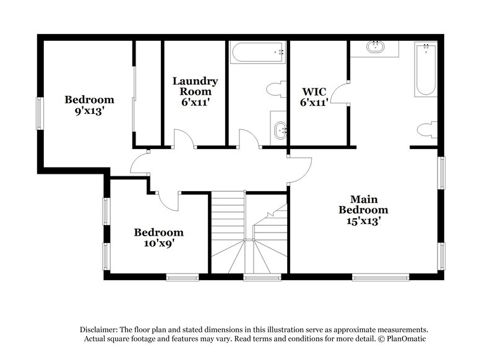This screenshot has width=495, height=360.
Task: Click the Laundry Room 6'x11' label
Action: click(195, 92)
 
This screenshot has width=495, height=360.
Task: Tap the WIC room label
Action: click(314, 95)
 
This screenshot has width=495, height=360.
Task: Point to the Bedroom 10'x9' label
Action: click(159, 238)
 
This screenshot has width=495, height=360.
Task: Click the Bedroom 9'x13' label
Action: click(90, 105)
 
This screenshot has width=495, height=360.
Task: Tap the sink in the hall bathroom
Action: click(279, 131)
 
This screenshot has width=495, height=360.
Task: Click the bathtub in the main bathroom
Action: click(425, 69)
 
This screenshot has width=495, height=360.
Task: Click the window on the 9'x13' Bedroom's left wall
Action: click(38, 114)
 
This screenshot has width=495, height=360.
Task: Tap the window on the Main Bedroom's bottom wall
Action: click(380, 277)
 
